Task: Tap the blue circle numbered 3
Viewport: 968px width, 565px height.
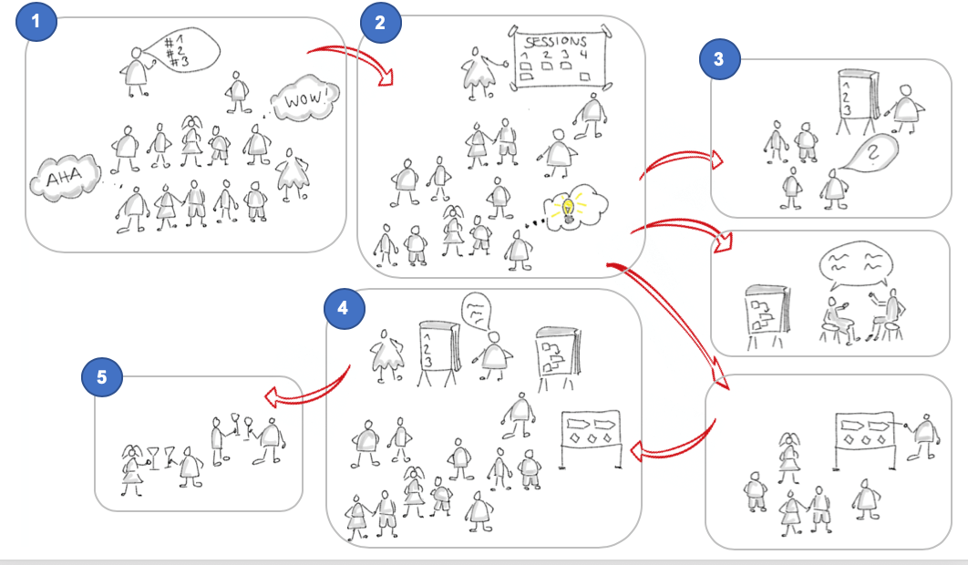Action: [x=719, y=61]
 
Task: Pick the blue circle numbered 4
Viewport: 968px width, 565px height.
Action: [x=343, y=308]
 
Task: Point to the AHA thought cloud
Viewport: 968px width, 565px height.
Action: [x=62, y=180]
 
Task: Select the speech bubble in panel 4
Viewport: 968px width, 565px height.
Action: [x=475, y=310]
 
